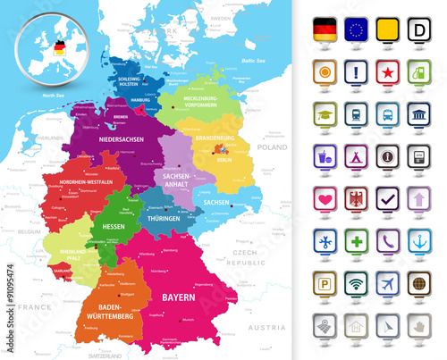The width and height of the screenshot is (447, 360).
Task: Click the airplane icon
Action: pyautogui.click(x=387, y=281)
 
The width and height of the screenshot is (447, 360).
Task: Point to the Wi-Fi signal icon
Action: pyautogui.click(x=356, y=281)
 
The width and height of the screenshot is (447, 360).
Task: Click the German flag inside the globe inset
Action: pyautogui.click(x=60, y=46)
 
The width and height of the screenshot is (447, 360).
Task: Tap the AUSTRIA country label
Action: pyautogui.click(x=266, y=328)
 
